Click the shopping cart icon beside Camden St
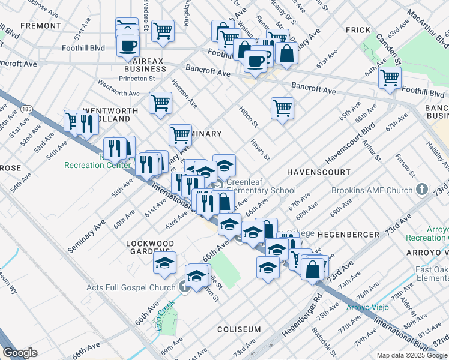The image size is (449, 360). pyautogui.click(x=390, y=77)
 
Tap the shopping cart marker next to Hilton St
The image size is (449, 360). pyautogui.click(x=282, y=109)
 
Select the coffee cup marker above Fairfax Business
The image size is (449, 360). pyautogui.click(x=128, y=45)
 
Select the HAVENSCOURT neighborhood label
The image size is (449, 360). pyautogui.click(x=318, y=172)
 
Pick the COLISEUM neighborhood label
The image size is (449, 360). pyautogui.click(x=239, y=329)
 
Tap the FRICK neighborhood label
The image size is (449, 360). pyautogui.click(x=358, y=29)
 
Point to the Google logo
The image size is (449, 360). pyautogui.click(x=20, y=352)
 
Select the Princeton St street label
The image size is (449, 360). pyautogui.click(x=136, y=78)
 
